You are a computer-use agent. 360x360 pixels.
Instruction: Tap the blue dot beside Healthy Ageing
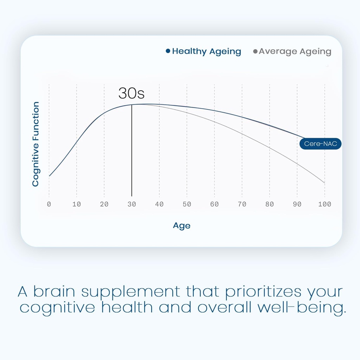coord(168,51)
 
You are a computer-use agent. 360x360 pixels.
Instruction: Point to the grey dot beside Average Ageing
coord(255,52)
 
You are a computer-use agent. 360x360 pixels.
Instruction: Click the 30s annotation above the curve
coord(131,94)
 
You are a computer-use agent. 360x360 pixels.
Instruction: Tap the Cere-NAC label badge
coord(320,144)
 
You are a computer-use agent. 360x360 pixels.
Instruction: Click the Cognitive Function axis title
coord(36,144)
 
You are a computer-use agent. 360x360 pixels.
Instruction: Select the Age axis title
coord(181,225)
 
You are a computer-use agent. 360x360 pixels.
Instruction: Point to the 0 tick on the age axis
coord(49,204)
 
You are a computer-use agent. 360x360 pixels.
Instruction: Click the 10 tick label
coord(76,204)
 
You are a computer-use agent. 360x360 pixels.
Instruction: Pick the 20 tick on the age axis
coord(104,204)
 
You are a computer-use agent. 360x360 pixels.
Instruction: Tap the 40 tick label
coord(159,204)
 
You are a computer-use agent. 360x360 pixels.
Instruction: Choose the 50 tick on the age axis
coord(187,204)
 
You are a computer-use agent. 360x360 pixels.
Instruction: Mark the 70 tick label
coord(242,204)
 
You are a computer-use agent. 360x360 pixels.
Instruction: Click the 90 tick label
coord(297,204)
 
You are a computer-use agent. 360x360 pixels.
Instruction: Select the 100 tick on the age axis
coord(324,204)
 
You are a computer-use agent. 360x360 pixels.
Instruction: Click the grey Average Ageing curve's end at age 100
coord(324,183)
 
